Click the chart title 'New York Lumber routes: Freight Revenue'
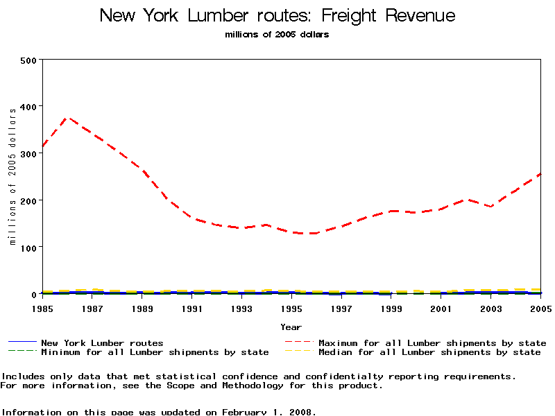pyautogui.click(x=277, y=15)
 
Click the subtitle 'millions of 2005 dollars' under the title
pyautogui.click(x=277, y=35)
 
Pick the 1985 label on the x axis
pyautogui.click(x=43, y=308)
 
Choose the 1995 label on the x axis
pyautogui.click(x=291, y=308)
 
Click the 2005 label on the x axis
pyautogui.click(x=540, y=308)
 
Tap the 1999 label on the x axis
pyautogui.click(x=391, y=308)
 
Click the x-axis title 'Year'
pyautogui.click(x=291, y=327)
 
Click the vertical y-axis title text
pyautogui.click(x=12, y=177)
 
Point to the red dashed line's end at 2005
pyautogui.click(x=540, y=174)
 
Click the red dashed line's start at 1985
pyautogui.click(x=43, y=147)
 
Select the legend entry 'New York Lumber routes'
pyautogui.click(x=102, y=343)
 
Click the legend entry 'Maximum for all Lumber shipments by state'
pyautogui.click(x=432, y=343)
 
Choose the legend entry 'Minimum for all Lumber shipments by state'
pyautogui.click(x=154, y=352)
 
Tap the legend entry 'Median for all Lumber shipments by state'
pyautogui.click(x=429, y=352)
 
